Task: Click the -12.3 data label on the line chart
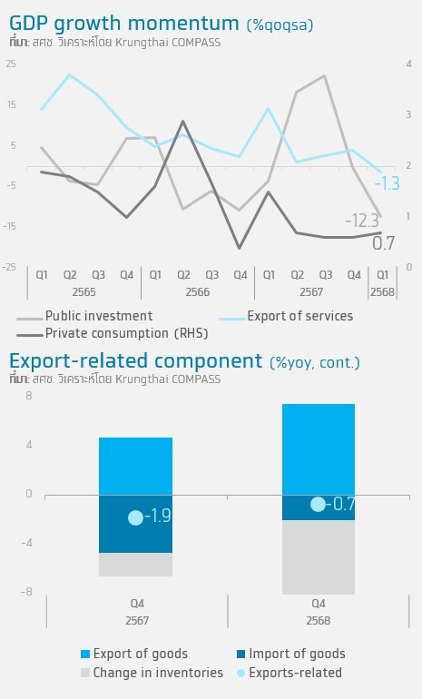click(x=362, y=221)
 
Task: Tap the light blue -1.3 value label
click(x=387, y=183)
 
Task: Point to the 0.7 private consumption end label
click(x=383, y=243)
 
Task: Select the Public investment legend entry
click(x=84, y=316)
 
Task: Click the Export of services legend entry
click(x=286, y=316)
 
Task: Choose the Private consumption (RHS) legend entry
click(x=113, y=333)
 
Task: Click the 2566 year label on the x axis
click(x=198, y=292)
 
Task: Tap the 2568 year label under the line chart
click(x=382, y=292)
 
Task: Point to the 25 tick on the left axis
click(x=11, y=64)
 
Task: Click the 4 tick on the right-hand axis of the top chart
click(x=409, y=64)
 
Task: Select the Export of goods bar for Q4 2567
click(x=135, y=467)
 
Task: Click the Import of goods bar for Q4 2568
click(x=319, y=507)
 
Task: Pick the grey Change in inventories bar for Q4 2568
click(x=319, y=557)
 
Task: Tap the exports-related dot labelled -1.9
click(x=135, y=517)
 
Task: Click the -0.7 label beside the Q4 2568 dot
click(x=340, y=504)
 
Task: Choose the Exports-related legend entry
click(x=290, y=673)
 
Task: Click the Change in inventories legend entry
click(x=152, y=673)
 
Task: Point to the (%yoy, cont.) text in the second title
click(x=315, y=362)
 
